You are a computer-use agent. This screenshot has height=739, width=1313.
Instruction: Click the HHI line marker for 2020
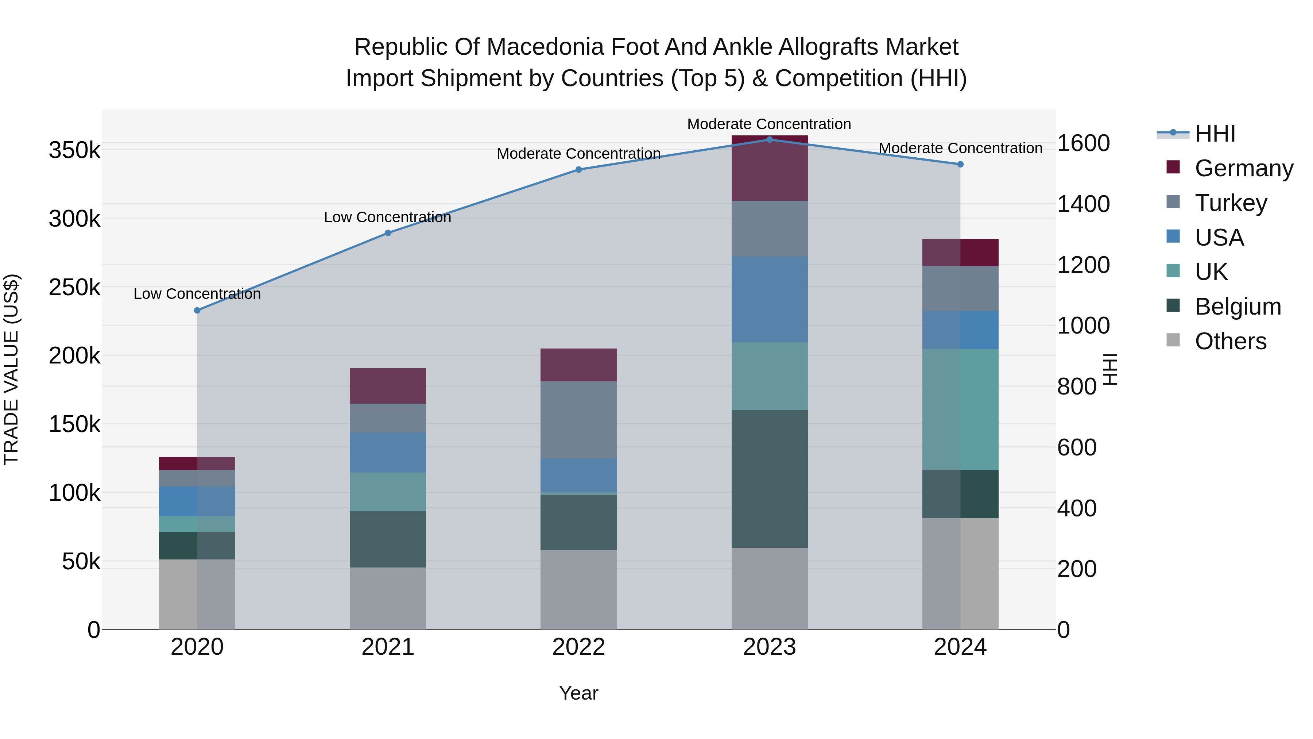click(197, 310)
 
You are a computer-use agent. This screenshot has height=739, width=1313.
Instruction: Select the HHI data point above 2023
click(770, 139)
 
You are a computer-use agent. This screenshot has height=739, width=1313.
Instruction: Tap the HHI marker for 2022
click(578, 169)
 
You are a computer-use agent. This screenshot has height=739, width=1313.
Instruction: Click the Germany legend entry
click(1244, 168)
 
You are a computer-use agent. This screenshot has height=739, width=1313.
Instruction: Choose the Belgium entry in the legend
click(1238, 307)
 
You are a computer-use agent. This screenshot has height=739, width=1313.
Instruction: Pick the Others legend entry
click(1231, 341)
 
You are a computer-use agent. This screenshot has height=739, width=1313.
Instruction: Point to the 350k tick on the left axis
click(74, 150)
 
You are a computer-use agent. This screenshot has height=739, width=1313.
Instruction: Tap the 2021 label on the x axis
click(388, 647)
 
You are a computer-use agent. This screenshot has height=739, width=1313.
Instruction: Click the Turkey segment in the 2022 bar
click(578, 419)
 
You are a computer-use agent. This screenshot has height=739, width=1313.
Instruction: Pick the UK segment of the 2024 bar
click(960, 409)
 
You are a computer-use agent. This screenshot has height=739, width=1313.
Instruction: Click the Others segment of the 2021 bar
click(388, 598)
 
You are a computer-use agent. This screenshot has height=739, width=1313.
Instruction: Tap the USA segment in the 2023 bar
click(770, 299)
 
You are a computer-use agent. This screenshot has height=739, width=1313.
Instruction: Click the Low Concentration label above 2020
click(197, 294)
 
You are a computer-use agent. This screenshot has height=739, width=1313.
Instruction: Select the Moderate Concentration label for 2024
click(960, 148)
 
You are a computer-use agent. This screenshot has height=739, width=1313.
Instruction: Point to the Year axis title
click(578, 693)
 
